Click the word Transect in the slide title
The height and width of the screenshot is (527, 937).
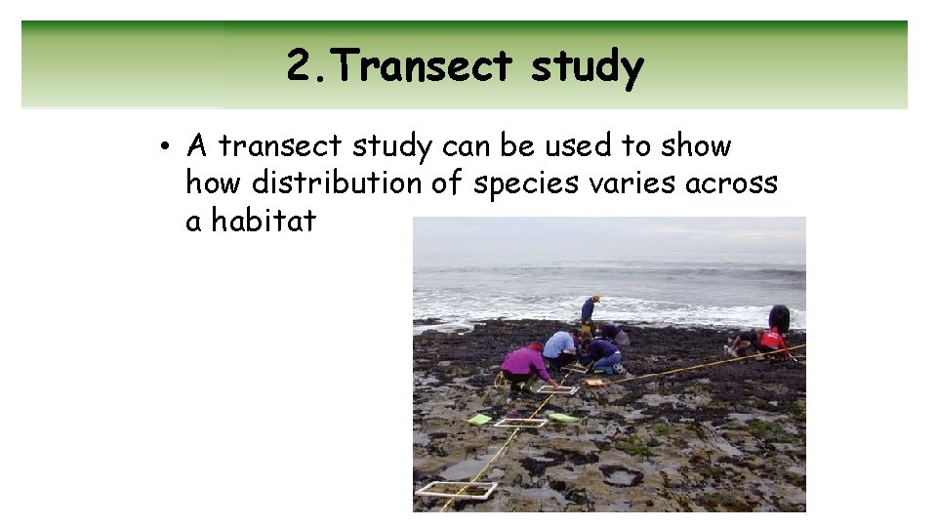click(427, 66)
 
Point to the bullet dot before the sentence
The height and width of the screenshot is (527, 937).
click(169, 147)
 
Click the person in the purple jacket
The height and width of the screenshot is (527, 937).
click(527, 365)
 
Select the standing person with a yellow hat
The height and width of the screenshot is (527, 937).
click(589, 310)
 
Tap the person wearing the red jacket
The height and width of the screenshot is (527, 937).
click(773, 341)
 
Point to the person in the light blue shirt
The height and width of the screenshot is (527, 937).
click(560, 345)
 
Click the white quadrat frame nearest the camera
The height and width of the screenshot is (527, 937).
click(456, 490)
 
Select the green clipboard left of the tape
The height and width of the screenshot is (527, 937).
click(479, 420)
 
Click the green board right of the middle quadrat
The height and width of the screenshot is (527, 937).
click(562, 418)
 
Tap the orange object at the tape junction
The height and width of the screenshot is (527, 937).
click(596, 383)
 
